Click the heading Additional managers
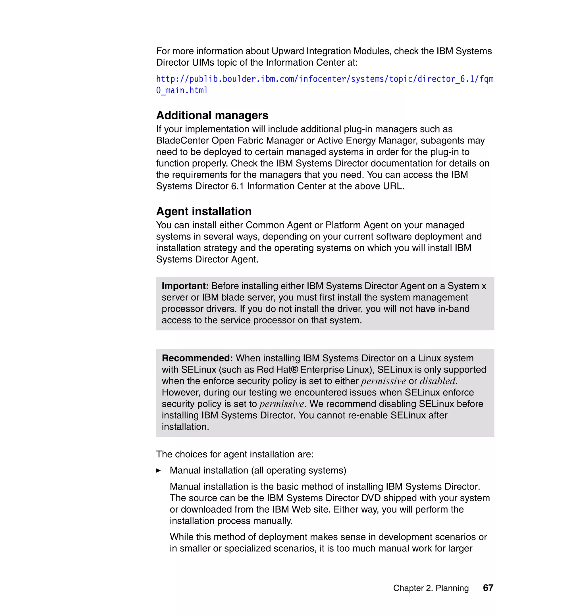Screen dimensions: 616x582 tap(212, 115)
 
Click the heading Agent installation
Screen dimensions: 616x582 tap(204, 211)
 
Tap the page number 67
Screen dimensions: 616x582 tap(488, 588)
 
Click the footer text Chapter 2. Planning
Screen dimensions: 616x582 tap(431, 588)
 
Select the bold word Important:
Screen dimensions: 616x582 tap(185, 286)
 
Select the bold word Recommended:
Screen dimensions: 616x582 tap(197, 358)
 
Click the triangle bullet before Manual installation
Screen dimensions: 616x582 tap(159, 471)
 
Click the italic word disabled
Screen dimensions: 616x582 tap(437, 381)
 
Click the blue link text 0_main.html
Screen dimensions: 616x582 tap(182, 90)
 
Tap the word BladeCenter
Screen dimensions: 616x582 tap(182, 141)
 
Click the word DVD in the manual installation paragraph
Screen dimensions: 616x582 tap(371, 498)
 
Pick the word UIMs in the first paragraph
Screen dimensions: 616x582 tap(203, 63)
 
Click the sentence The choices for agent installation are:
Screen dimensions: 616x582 tap(235, 454)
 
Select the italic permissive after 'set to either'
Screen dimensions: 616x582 tap(383, 381)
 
